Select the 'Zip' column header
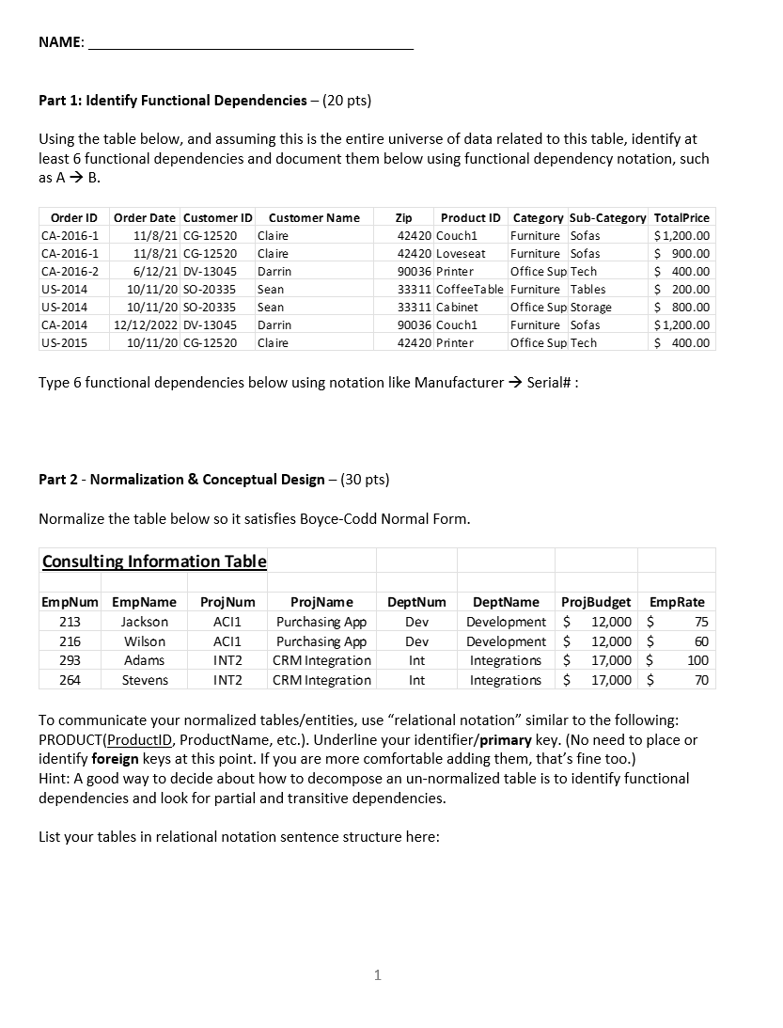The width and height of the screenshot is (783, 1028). (404, 218)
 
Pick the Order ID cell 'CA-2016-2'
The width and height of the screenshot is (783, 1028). (71, 271)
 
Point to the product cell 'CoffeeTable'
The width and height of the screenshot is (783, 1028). (470, 289)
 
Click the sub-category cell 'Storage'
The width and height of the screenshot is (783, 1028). (591, 307)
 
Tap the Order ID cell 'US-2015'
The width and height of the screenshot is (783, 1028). (65, 342)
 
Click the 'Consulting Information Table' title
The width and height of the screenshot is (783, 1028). (154, 561)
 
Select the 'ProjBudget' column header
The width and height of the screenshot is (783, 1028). (596, 602)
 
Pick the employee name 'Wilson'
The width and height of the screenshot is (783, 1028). (145, 641)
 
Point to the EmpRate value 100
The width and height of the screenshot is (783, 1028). (697, 660)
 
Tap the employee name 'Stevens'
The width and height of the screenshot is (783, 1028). (145, 680)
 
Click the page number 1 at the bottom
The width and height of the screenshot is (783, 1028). (377, 975)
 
